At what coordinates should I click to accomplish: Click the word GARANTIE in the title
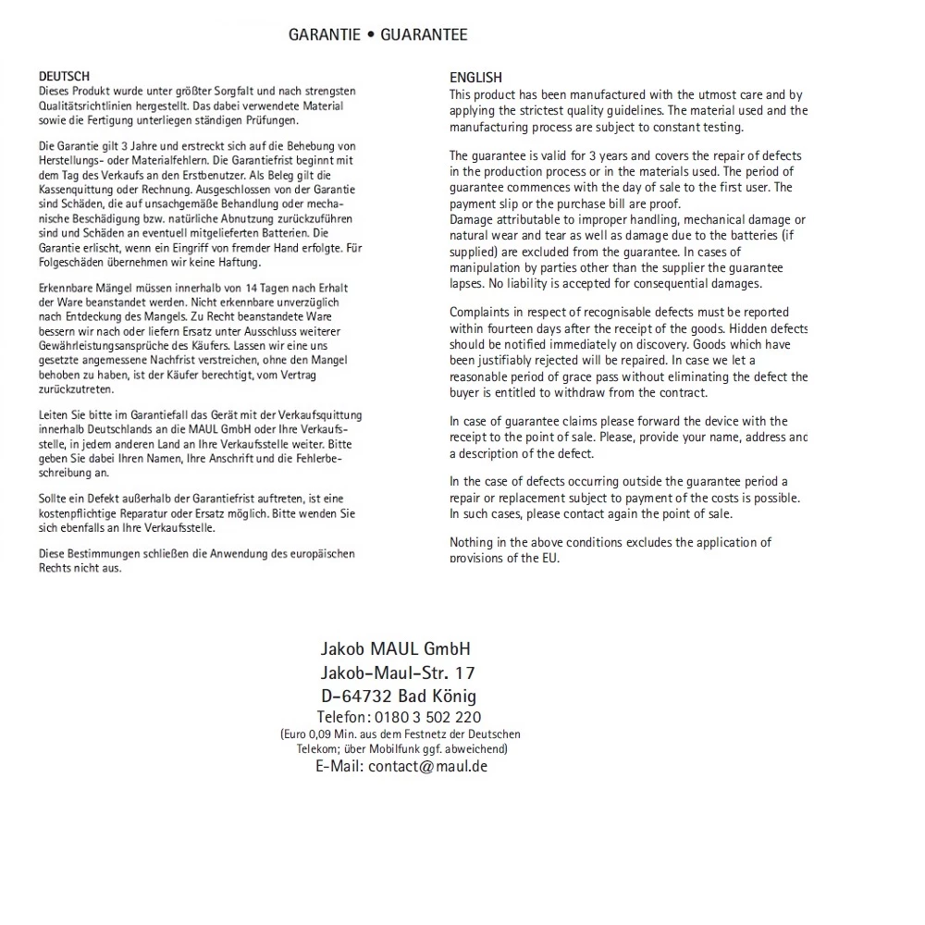tap(324, 35)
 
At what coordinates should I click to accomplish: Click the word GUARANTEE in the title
tap(424, 35)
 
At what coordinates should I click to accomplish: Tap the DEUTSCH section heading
tap(64, 77)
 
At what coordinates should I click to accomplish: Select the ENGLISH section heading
tap(475, 79)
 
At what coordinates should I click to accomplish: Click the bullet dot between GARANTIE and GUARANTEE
tap(370, 35)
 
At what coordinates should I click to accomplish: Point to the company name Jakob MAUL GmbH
tap(395, 648)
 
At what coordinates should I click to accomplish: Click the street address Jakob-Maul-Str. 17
tap(398, 672)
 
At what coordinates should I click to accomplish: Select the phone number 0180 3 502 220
tap(429, 718)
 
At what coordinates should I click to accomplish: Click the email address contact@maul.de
tap(427, 767)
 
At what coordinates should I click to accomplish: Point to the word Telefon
tap(343, 718)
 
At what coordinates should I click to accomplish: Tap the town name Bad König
tap(442, 696)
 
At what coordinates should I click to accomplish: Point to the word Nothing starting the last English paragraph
tap(473, 542)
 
